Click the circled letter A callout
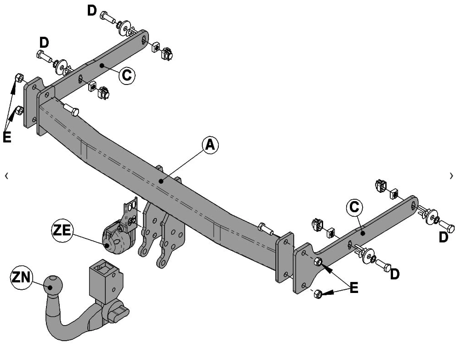point(210,145)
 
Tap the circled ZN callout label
point(21,278)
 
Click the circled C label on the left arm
point(127,75)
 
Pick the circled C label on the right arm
point(354,208)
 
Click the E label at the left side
point(7,136)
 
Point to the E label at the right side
point(353,288)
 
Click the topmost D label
point(92,10)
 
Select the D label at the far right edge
point(443,237)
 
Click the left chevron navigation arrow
point(6,175)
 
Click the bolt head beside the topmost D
point(104,16)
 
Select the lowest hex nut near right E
point(318,293)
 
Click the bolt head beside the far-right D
point(447,226)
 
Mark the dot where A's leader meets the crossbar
point(161,181)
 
